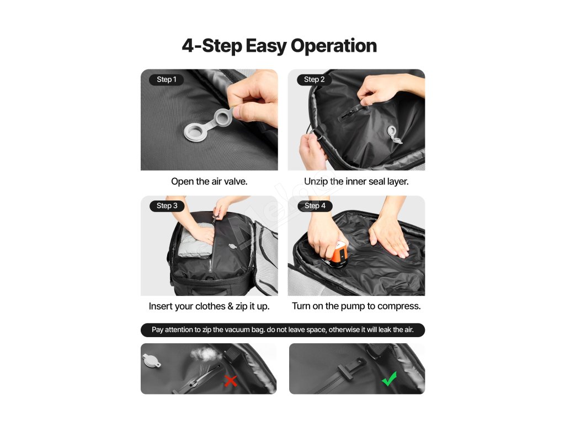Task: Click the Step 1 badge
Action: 167,79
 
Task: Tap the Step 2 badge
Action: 314,79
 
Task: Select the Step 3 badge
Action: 167,206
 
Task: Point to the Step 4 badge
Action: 315,206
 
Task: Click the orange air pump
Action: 338,254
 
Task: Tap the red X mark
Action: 231,381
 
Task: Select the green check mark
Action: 389,379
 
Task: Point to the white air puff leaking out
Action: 206,354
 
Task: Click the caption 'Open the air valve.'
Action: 209,181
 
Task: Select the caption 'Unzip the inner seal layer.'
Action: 356,181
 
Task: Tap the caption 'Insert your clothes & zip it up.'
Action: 209,306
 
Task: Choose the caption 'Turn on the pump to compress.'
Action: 356,306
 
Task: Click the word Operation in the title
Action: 334,46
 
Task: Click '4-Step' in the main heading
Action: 212,46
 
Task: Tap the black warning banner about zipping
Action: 283,330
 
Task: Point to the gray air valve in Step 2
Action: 394,134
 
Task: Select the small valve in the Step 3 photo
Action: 232,246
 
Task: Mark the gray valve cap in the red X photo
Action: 152,361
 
